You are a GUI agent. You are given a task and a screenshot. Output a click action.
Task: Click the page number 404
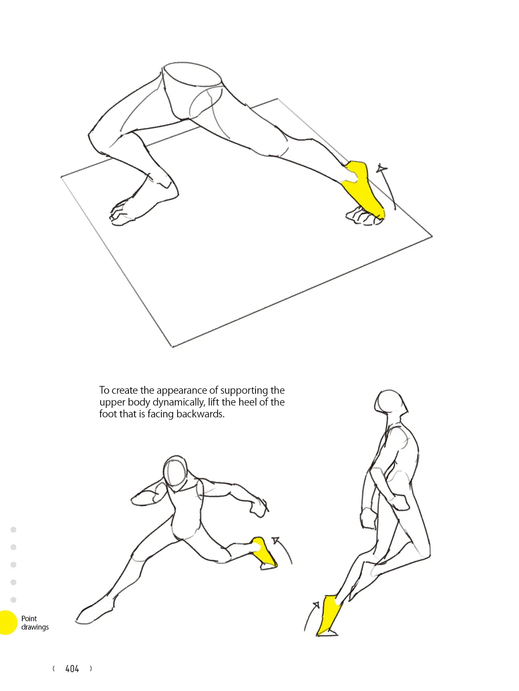[x=72, y=669]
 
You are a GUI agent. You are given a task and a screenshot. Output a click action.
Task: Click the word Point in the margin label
[x=29, y=618]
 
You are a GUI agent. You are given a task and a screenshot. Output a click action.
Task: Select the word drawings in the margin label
[x=35, y=627]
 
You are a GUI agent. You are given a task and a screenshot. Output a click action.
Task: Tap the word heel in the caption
[x=247, y=402]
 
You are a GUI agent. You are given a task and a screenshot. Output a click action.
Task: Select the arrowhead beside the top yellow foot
[x=381, y=168]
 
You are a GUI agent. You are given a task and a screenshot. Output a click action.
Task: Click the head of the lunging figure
[x=176, y=472]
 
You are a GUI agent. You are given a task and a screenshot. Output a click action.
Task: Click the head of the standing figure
[x=390, y=403]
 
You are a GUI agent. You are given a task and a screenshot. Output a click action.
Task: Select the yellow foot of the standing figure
[x=330, y=614]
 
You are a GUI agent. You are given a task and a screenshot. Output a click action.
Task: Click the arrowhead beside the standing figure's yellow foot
[x=316, y=605]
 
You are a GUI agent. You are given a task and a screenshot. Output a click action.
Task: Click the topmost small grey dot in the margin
[x=13, y=530]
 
